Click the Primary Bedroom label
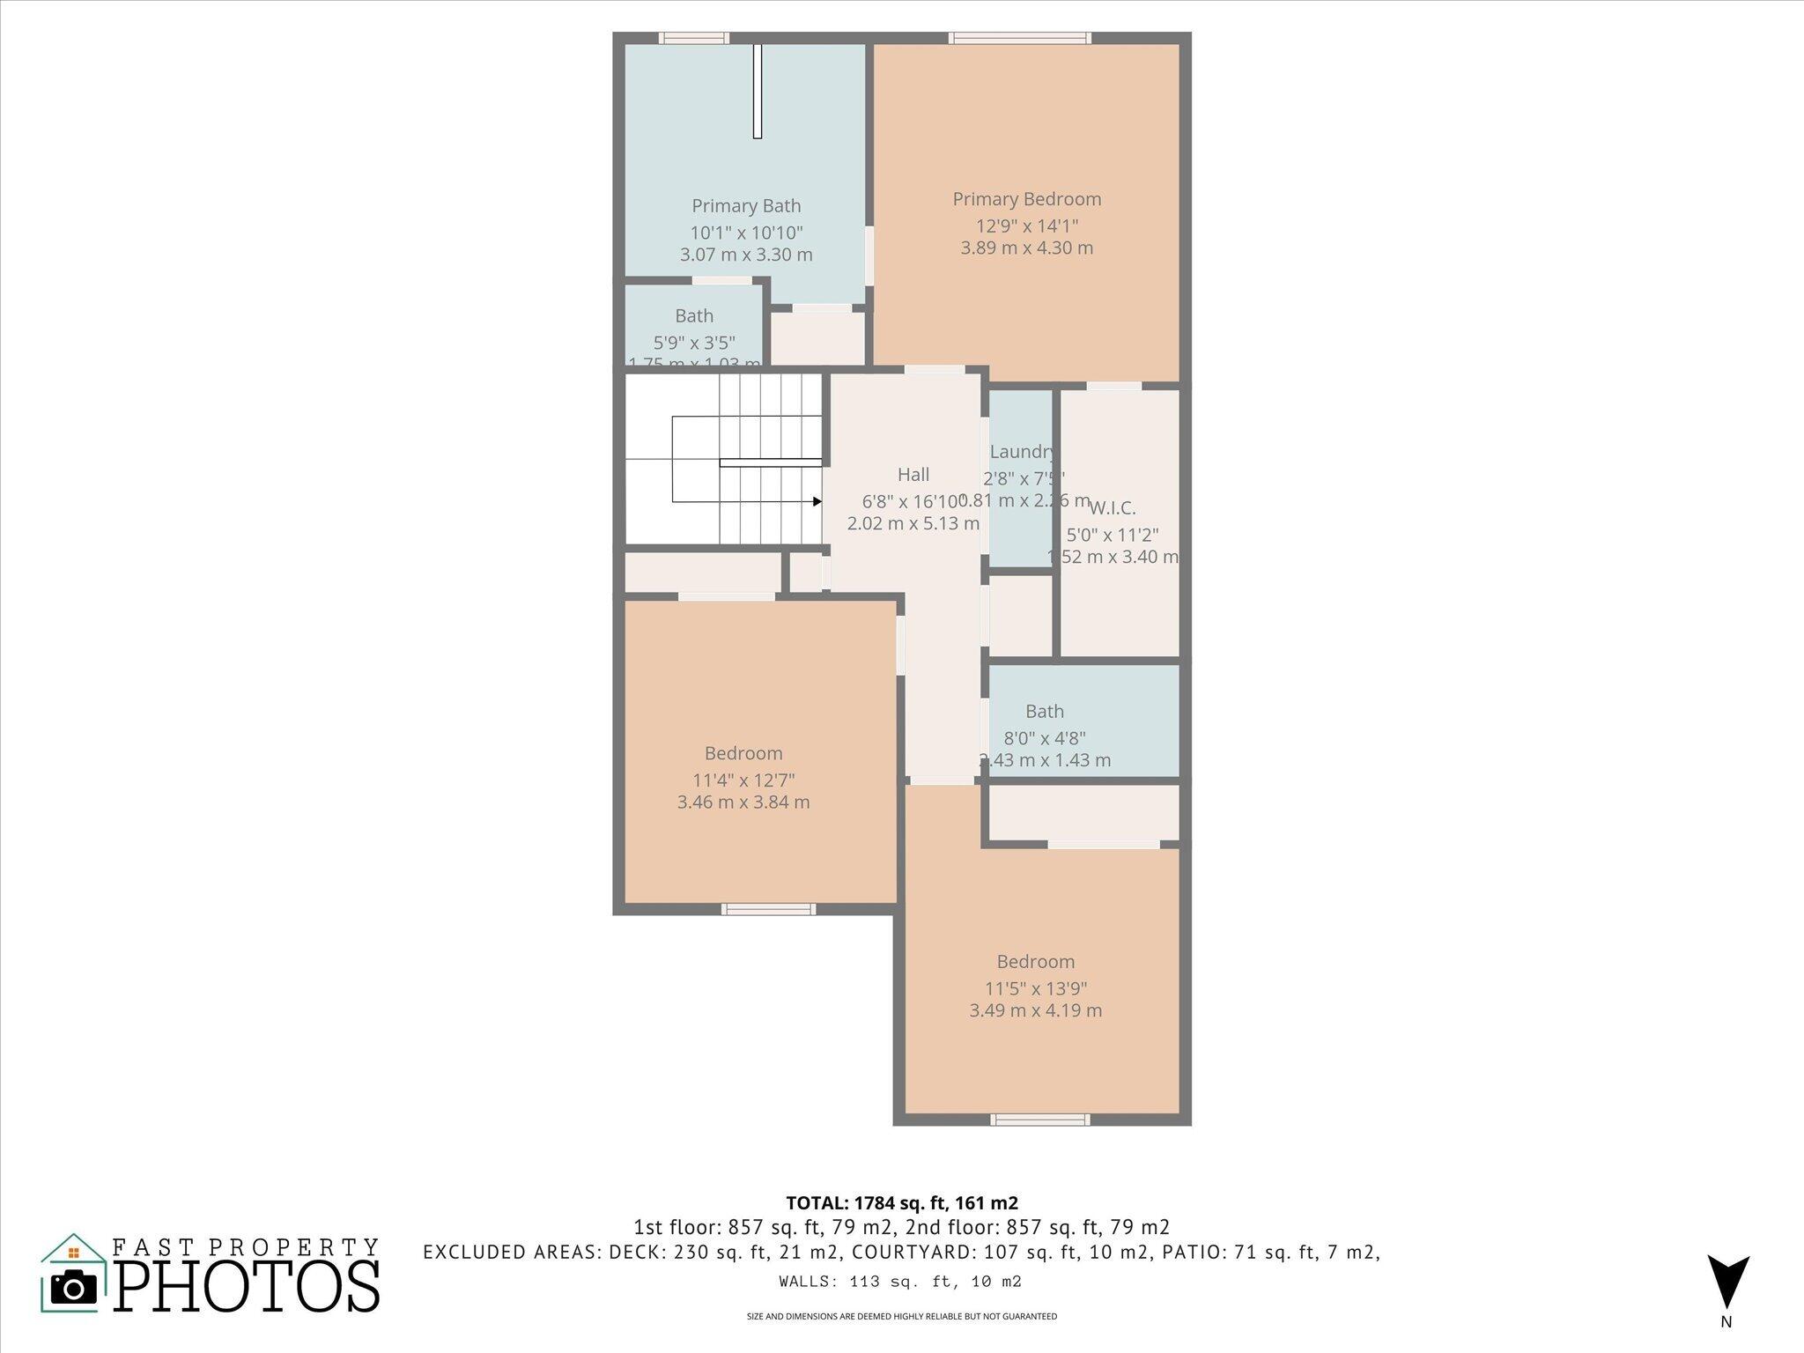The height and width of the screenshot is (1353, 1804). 1026,199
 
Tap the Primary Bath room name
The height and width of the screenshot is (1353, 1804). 746,206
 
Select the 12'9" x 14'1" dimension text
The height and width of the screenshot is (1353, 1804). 1026,225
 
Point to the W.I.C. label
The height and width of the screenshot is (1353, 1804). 1112,508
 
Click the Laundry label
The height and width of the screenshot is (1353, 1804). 1021,452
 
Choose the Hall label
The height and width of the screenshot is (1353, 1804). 913,475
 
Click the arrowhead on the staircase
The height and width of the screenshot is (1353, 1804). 817,502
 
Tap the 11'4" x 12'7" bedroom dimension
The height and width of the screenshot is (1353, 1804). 743,780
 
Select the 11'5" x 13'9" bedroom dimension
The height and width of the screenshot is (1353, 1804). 1035,988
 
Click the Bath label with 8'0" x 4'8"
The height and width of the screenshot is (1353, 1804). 1044,711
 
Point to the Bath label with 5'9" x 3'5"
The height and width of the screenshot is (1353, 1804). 694,315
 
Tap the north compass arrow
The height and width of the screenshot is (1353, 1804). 1727,1283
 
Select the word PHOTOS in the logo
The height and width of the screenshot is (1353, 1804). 247,1286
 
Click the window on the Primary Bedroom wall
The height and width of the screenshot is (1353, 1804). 1019,38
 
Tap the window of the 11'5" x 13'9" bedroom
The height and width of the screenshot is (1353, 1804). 1039,1120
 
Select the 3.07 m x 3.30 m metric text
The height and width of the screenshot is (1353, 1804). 746,255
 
